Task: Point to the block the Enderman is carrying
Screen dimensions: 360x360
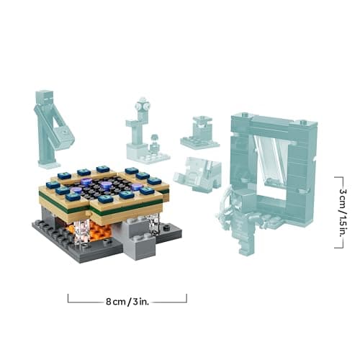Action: [x=63, y=134]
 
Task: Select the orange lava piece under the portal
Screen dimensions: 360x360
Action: [x=99, y=231]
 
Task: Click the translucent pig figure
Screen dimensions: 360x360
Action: [x=198, y=172]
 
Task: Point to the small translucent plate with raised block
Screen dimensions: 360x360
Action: [x=199, y=134]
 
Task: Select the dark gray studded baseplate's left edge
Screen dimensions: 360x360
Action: [x=36, y=229]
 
